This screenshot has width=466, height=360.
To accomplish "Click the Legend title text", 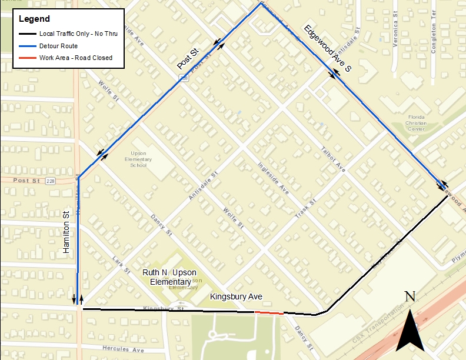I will [35, 19].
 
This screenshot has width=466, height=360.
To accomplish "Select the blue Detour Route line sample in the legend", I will [27, 46].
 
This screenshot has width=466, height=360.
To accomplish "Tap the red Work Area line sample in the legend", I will [27, 58].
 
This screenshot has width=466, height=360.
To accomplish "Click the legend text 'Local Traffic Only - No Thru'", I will [78, 34].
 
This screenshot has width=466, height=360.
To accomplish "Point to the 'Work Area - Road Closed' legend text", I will [75, 58].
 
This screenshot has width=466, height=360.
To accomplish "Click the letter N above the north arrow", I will [411, 297].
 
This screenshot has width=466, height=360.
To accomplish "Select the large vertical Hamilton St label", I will [66, 233].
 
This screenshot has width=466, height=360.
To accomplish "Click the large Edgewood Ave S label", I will [327, 49].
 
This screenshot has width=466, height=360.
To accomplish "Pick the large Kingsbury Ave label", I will [236, 297].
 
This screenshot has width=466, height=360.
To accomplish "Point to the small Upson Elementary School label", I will [138, 159].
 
